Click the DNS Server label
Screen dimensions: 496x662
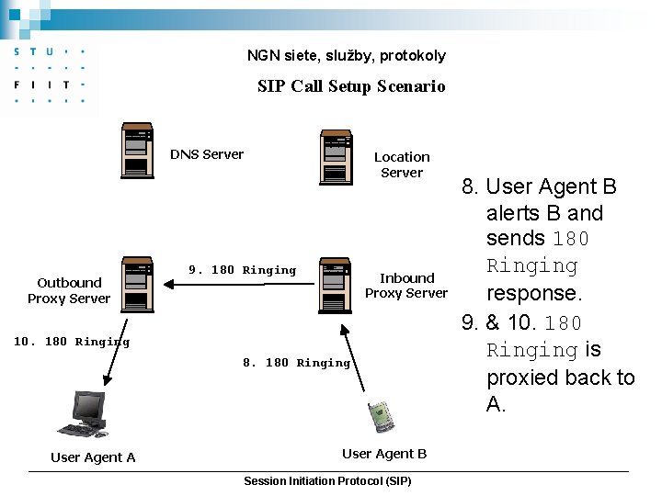(207, 154)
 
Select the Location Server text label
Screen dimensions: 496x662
(402, 164)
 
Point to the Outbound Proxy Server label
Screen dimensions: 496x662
(69, 290)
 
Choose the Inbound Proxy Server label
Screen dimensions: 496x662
(406, 285)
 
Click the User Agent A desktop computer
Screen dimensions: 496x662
(86, 415)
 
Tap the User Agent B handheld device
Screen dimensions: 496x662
(382, 416)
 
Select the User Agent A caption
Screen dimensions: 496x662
(93, 457)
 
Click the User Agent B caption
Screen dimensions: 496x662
(384, 454)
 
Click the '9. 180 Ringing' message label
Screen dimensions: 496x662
(242, 270)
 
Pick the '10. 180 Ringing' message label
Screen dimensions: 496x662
(72, 342)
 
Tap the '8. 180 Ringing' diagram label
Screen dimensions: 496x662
(296, 363)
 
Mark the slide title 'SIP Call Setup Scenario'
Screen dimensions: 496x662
(351, 86)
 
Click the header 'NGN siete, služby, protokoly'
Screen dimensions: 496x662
(347, 55)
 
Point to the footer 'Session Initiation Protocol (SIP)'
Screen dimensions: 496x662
(327, 481)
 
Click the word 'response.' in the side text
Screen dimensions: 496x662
(534, 294)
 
